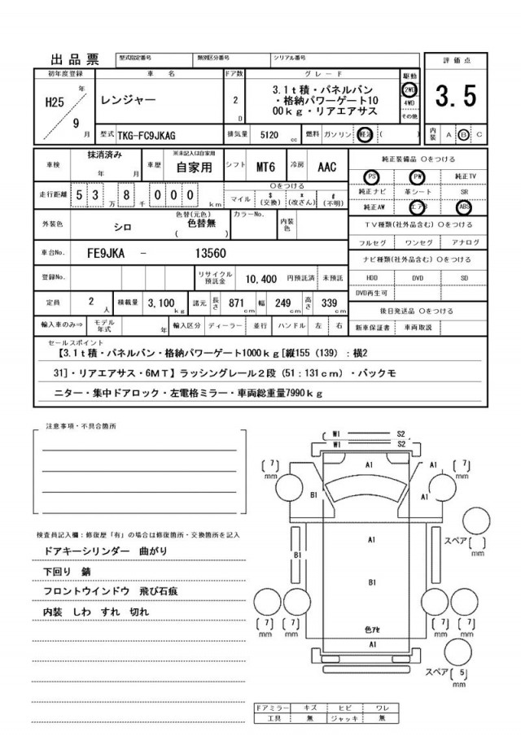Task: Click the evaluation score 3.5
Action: [x=455, y=97]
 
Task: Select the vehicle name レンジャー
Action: [x=128, y=101]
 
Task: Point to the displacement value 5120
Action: [x=269, y=134]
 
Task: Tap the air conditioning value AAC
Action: [x=326, y=167]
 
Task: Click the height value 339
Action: [x=329, y=303]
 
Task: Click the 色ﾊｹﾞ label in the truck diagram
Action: [x=370, y=630]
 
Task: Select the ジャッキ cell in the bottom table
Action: [x=342, y=719]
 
